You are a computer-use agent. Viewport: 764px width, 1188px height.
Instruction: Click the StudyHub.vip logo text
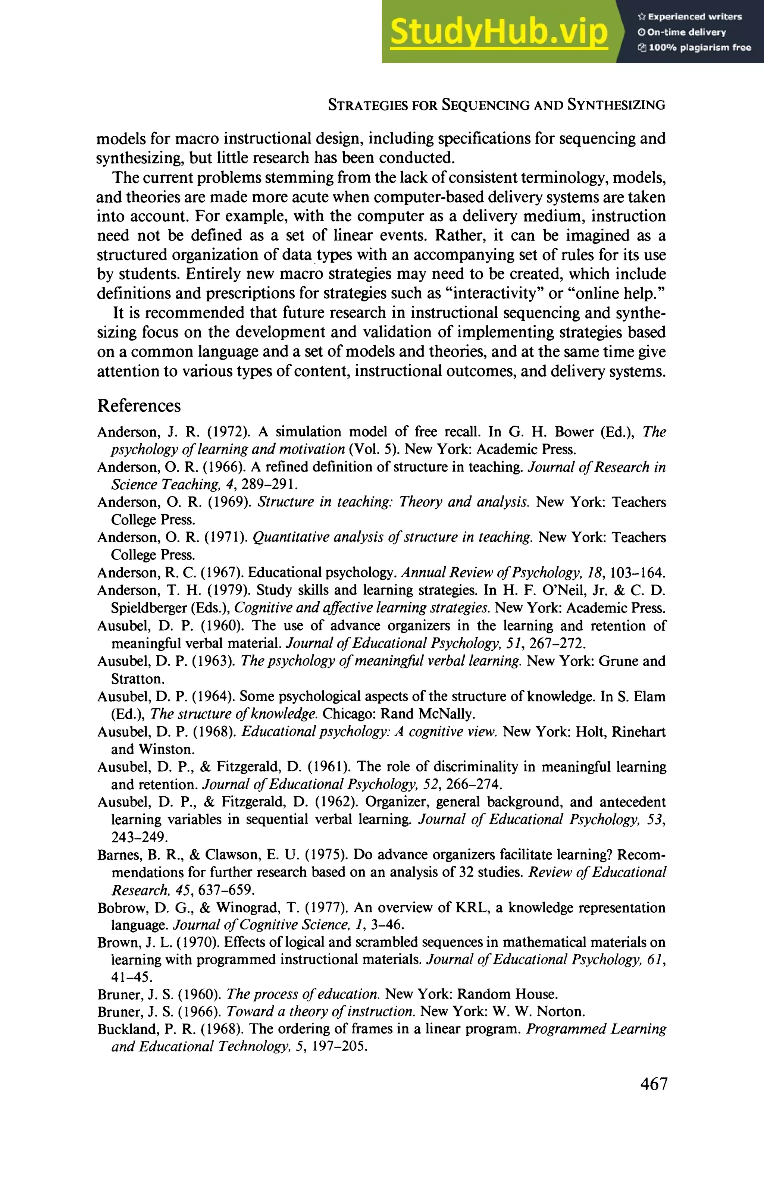499,32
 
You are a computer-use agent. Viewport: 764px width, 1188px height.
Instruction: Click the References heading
139,406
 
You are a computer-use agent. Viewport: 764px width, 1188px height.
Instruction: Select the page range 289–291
269,485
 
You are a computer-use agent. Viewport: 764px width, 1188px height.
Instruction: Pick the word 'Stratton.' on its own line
137,678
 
